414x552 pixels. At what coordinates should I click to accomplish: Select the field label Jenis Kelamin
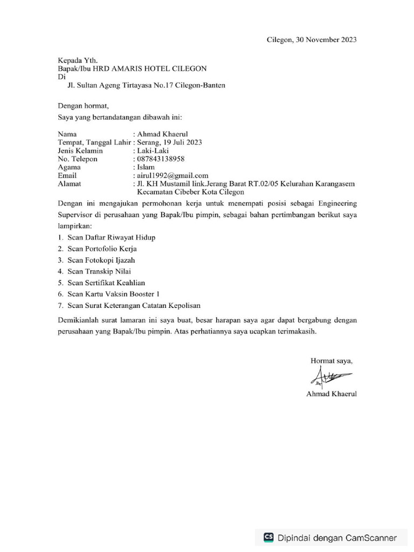(80, 151)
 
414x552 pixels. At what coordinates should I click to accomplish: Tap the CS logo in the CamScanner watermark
(268, 537)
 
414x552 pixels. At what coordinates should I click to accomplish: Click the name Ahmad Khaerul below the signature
(331, 394)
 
